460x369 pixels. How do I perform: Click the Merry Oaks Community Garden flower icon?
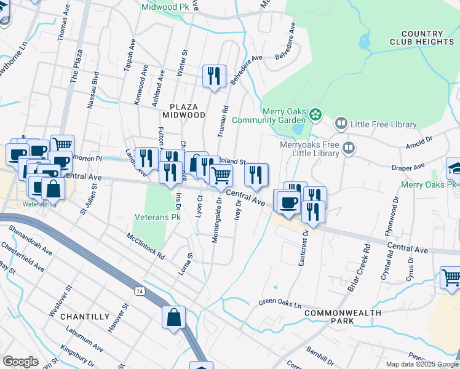point(315,114)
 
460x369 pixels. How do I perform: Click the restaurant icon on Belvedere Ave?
point(214,76)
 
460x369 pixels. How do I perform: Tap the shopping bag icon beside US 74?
point(174,318)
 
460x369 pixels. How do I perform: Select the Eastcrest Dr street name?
point(302,249)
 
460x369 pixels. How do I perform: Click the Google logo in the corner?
point(20,361)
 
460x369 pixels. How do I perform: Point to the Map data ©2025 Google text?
point(422,364)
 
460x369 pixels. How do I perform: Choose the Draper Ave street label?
point(410,167)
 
